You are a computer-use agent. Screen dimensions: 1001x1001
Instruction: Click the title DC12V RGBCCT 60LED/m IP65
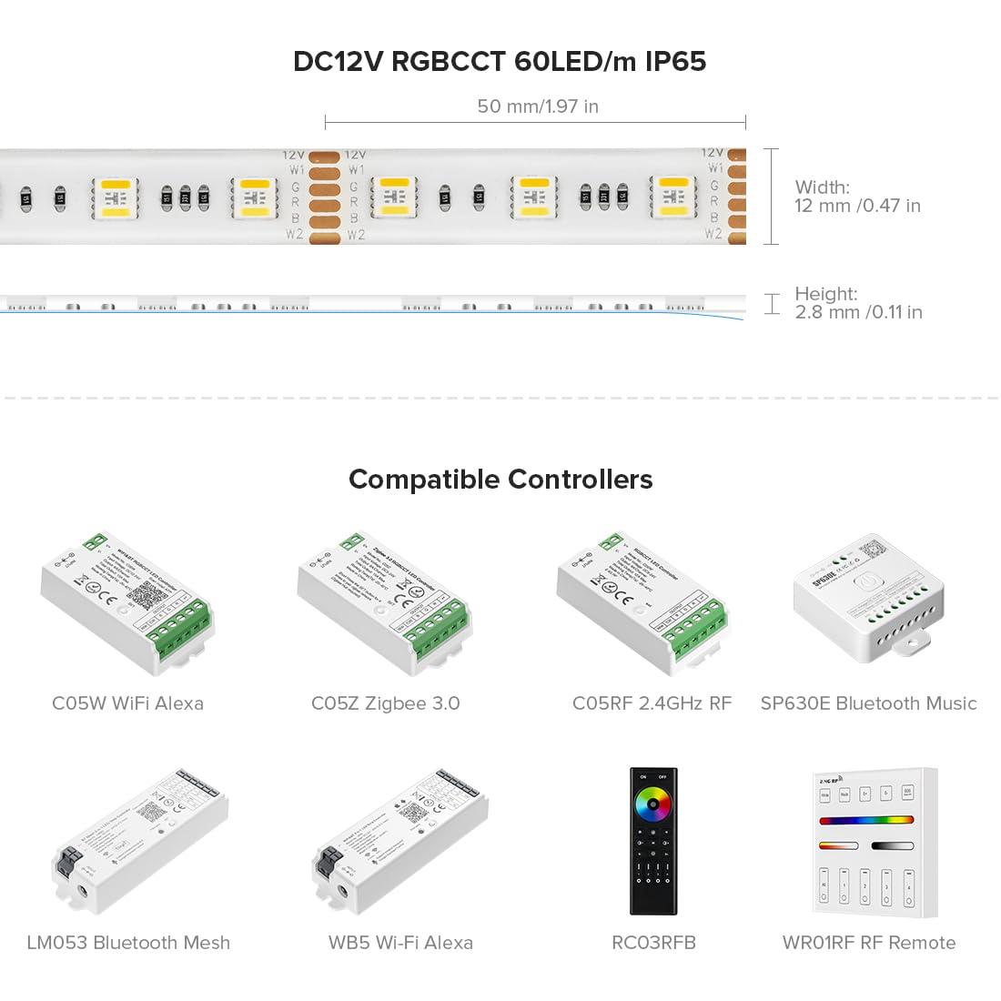tap(500, 62)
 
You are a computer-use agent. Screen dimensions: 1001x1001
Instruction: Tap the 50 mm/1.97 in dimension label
tap(538, 106)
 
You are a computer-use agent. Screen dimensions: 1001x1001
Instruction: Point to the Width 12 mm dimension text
tap(856, 197)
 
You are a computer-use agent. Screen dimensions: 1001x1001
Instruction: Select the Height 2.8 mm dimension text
tap(857, 303)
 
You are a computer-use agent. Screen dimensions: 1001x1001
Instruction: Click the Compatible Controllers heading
tap(500, 480)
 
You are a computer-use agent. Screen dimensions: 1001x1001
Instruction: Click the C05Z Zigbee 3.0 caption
tap(385, 703)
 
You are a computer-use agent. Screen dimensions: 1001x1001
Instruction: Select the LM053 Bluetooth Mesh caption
tap(128, 943)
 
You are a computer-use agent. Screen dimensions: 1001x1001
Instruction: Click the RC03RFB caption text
tap(653, 943)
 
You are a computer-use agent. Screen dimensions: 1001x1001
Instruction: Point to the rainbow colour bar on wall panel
tap(866, 820)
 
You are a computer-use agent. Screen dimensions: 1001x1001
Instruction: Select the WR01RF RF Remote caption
tap(869, 943)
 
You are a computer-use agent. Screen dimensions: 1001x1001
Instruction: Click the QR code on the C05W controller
tap(146, 594)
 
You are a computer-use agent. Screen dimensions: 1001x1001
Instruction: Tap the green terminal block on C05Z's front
tap(437, 629)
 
